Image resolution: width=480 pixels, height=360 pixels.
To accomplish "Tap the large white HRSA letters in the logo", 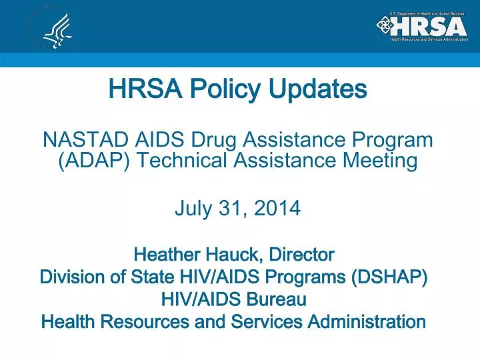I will click(x=429, y=26).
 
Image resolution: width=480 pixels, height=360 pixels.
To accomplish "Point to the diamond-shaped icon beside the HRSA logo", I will click(x=385, y=26).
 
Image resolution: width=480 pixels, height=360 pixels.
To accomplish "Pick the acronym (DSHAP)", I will click(x=391, y=277).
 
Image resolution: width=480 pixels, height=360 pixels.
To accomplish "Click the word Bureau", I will click(x=275, y=300).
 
